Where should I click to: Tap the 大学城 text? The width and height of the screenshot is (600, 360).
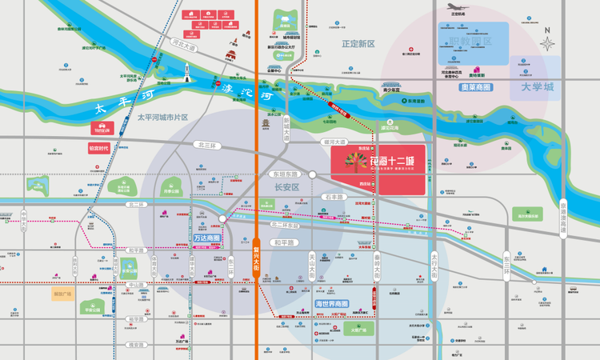(x=536, y=86)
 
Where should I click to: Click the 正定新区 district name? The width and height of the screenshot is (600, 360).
(x=358, y=44)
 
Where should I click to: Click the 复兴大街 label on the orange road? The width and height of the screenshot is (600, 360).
(x=256, y=258)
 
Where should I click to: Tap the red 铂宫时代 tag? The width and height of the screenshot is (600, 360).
(x=103, y=148)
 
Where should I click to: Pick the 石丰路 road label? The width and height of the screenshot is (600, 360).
(x=332, y=195)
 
